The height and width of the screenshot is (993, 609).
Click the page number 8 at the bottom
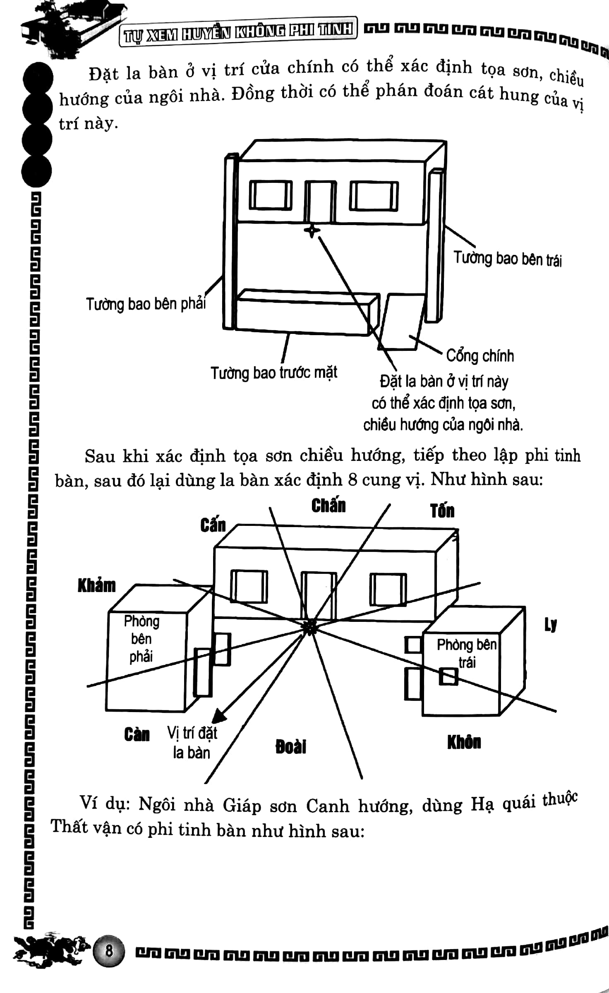(109, 951)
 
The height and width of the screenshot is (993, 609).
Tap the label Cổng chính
(480, 356)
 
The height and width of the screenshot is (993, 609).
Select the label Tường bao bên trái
(508, 259)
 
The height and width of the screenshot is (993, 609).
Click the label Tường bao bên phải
(146, 304)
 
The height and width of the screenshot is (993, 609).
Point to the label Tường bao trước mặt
(274, 373)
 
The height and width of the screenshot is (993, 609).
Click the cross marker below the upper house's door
(312, 230)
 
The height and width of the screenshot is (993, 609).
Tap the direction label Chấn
(328, 506)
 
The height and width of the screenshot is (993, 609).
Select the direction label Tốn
(442, 511)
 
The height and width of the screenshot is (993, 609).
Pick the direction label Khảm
(96, 586)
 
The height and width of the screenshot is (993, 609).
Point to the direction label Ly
(550, 625)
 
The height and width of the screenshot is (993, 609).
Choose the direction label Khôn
(464, 742)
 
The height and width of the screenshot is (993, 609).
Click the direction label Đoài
(291, 747)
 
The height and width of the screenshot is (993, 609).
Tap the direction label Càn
(137, 734)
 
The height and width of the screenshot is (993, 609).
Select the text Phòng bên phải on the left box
(141, 639)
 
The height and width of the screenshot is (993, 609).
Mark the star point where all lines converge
(309, 627)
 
